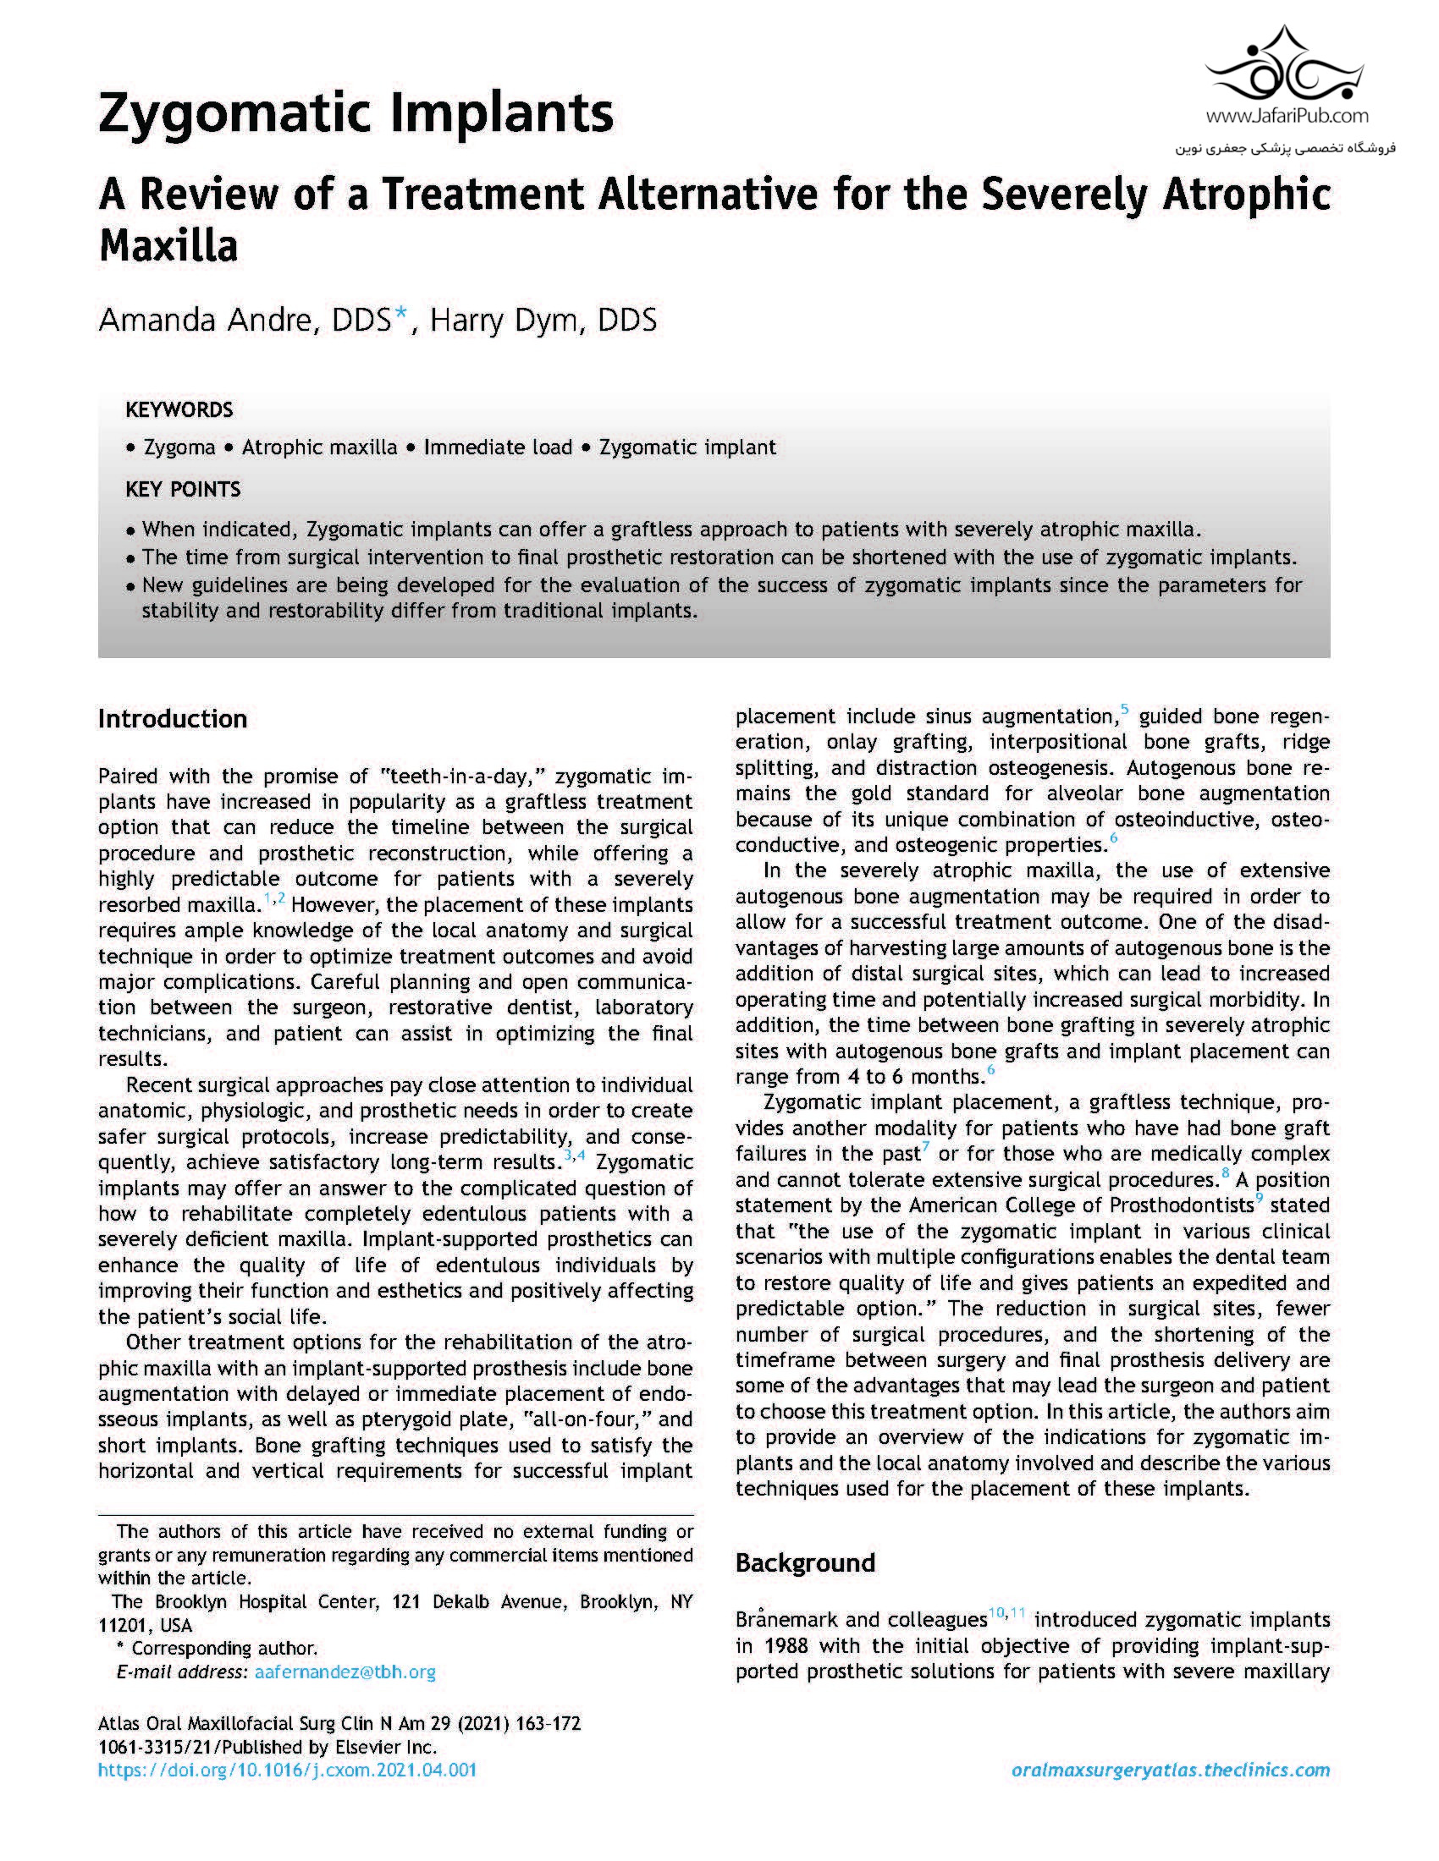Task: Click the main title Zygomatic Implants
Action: [356, 114]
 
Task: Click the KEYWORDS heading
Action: [179, 410]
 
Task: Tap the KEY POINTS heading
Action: [183, 489]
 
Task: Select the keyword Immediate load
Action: [498, 447]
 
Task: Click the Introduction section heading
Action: [172, 718]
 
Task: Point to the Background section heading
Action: [805, 1562]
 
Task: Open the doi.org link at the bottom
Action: [287, 1770]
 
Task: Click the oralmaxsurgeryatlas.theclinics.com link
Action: [1170, 1770]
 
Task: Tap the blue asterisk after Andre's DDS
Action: [400, 317]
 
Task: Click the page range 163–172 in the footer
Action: [549, 1723]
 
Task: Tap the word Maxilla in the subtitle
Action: [168, 246]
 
